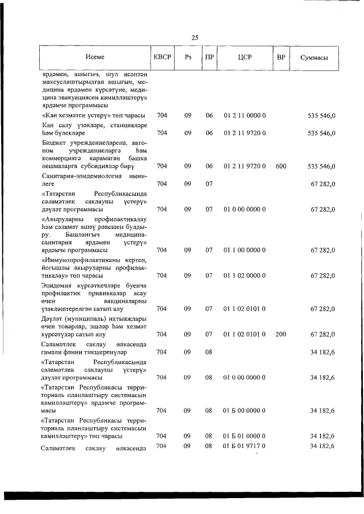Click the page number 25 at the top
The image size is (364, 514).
coord(195,38)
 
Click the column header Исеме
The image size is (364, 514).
coord(95,57)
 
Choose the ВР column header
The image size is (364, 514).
coord(280,57)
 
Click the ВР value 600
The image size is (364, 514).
coord(280,166)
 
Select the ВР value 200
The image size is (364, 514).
coord(280,334)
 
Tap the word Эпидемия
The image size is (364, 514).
coord(58,285)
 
